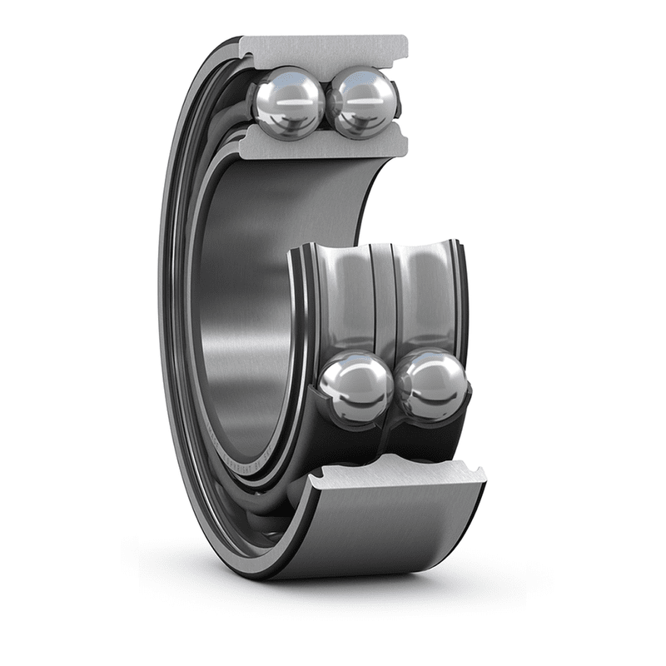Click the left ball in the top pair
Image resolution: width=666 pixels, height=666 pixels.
tap(287, 102)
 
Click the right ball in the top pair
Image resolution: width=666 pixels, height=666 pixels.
tap(361, 102)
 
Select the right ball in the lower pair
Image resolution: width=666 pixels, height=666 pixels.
tap(431, 386)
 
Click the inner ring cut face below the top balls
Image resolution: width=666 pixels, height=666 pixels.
tap(325, 147)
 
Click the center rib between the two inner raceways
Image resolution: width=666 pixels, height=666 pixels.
tap(385, 300)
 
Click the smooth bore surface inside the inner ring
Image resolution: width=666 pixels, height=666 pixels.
tap(241, 316)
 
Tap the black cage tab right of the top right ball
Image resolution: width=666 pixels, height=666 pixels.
tap(398, 104)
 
